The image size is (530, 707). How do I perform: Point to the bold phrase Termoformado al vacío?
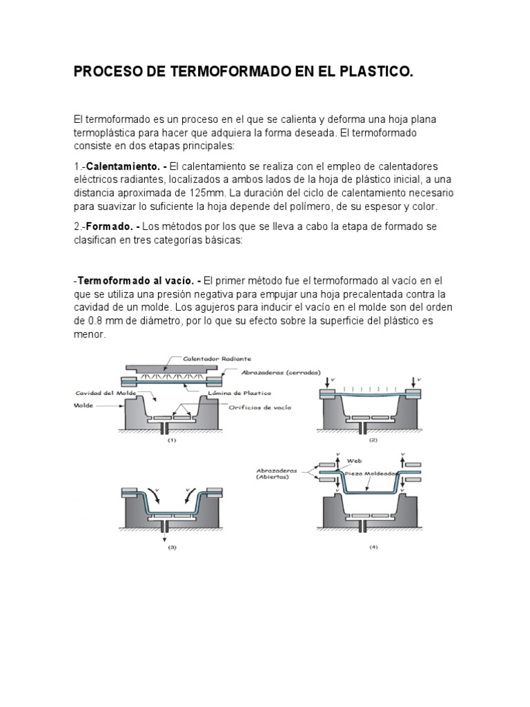coord(136,281)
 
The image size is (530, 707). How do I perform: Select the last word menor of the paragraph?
coord(90,334)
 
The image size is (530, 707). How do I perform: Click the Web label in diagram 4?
coord(354,459)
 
